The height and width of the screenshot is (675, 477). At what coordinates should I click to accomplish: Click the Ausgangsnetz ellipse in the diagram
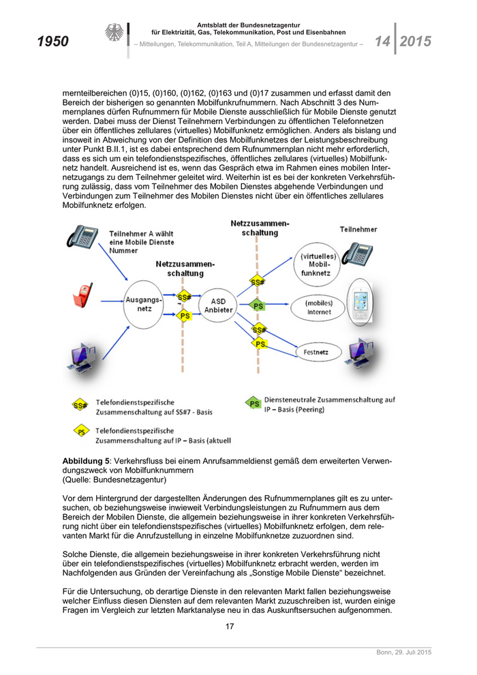144,303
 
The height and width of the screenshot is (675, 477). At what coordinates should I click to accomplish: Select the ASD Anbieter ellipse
218,305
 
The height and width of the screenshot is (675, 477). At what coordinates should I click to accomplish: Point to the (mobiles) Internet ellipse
318,307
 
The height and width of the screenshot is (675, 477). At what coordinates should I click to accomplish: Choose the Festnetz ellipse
316,352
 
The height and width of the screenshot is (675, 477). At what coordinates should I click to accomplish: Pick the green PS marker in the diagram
258,306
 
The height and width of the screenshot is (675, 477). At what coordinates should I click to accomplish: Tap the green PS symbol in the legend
253,404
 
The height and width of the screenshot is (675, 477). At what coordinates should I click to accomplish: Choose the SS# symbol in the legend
80,406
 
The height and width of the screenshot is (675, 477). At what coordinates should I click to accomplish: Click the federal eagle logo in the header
113,33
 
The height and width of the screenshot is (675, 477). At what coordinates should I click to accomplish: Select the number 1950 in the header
52,42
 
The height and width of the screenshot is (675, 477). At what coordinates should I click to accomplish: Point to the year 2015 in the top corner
415,42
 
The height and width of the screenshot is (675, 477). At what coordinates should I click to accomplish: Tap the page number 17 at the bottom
230,627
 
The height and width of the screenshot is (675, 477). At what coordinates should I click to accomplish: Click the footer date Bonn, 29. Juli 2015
404,652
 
